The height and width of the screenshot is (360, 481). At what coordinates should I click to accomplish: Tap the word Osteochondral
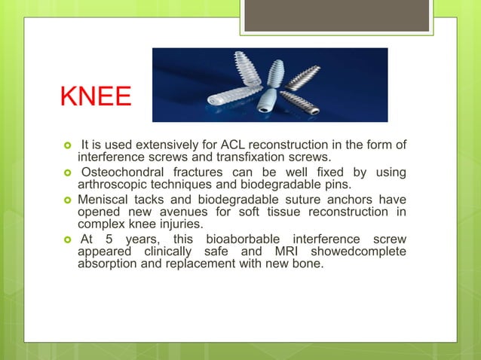pyautogui.click(x=124, y=172)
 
